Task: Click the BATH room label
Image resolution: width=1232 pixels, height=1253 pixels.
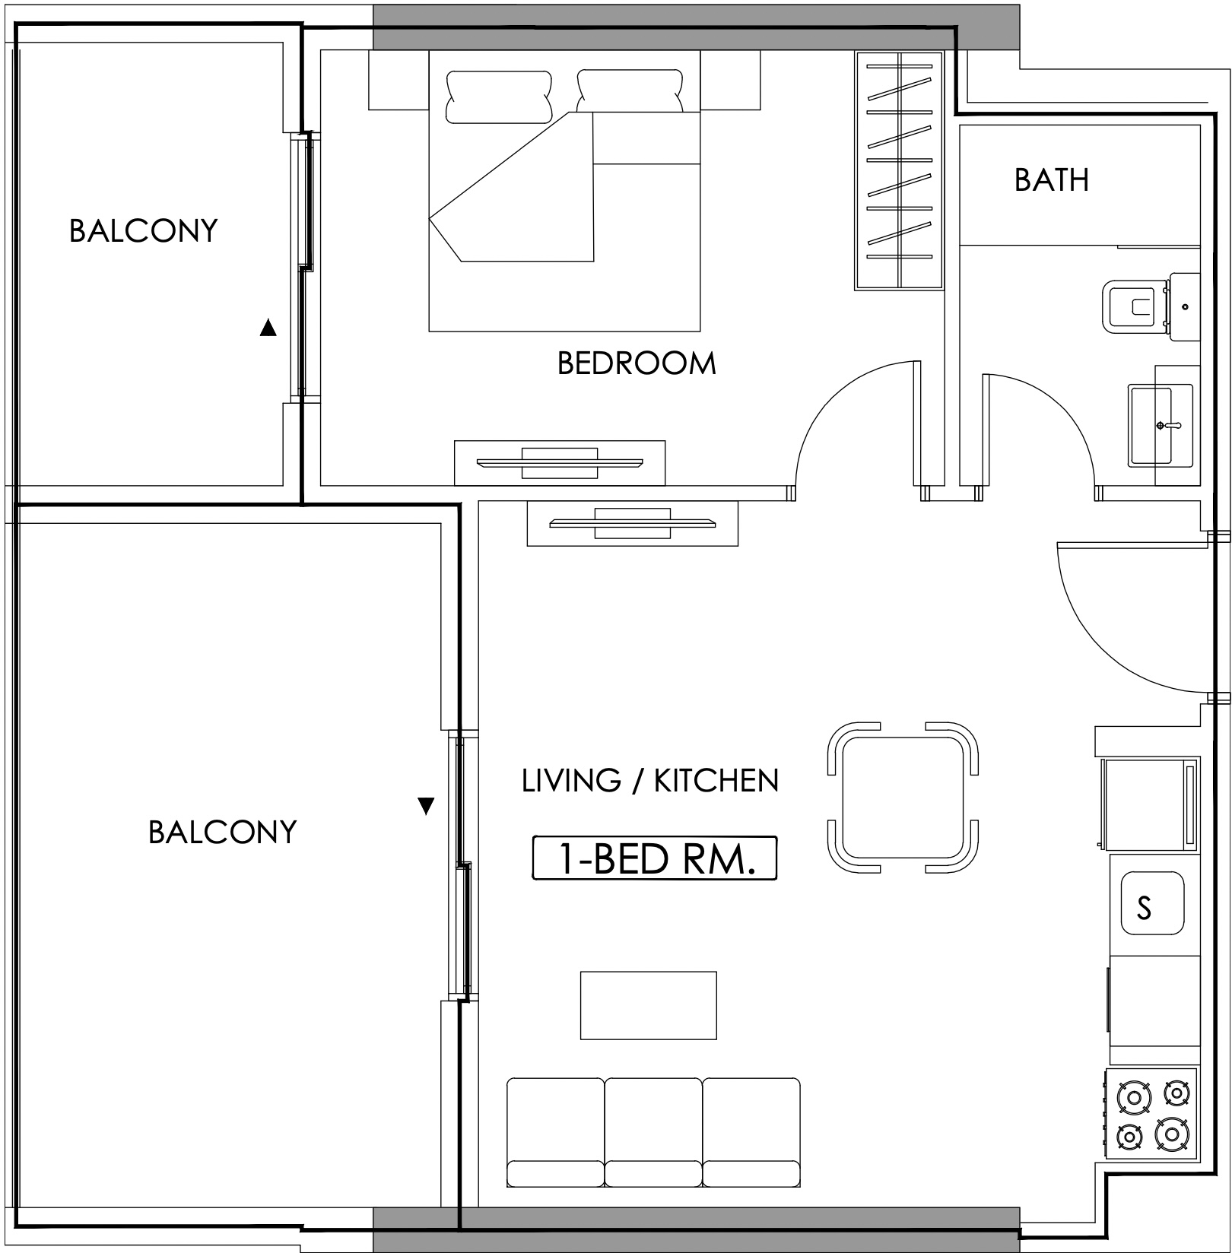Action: point(1051,179)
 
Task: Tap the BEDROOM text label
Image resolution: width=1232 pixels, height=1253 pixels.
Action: point(637,363)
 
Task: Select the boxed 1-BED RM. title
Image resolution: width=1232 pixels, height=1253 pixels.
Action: point(655,858)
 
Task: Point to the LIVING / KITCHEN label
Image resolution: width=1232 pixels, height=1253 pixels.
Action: point(650,781)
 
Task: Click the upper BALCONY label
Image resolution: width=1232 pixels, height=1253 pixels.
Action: point(144,230)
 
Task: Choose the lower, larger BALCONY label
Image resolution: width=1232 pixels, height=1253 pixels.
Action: point(223,832)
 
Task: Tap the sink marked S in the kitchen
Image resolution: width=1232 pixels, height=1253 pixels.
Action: point(1152,904)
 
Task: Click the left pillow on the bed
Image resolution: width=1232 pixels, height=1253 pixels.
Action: point(499,97)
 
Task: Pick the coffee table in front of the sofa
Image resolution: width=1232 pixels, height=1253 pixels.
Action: point(649,1005)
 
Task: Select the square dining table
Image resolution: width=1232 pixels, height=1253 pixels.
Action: point(902,798)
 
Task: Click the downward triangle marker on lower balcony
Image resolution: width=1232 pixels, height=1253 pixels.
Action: point(426,806)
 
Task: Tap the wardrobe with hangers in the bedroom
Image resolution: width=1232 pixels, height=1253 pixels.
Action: point(900,170)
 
